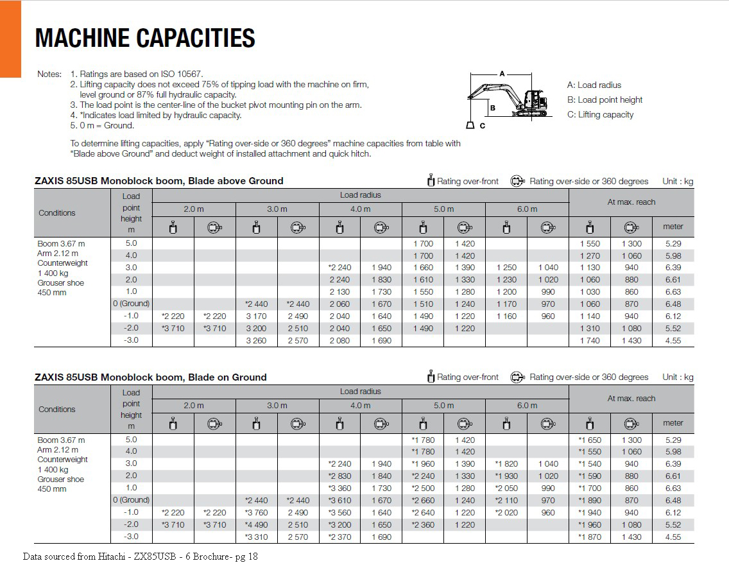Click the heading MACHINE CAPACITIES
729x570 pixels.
[145, 38]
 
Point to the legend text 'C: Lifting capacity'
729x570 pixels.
[600, 115]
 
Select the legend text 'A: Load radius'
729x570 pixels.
[594, 85]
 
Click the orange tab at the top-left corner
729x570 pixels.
[10, 39]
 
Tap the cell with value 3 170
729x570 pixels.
[256, 316]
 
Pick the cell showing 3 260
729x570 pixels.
[256, 341]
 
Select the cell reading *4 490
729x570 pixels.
[256, 525]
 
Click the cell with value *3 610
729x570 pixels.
[339, 501]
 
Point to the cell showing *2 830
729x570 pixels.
[339, 476]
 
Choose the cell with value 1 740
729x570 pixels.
[590, 341]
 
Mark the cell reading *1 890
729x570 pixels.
[590, 501]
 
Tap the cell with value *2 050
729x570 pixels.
[506, 488]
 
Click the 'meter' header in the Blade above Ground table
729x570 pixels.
[673, 227]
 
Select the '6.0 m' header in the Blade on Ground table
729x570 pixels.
[527, 406]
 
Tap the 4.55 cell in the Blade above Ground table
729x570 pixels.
[673, 341]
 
